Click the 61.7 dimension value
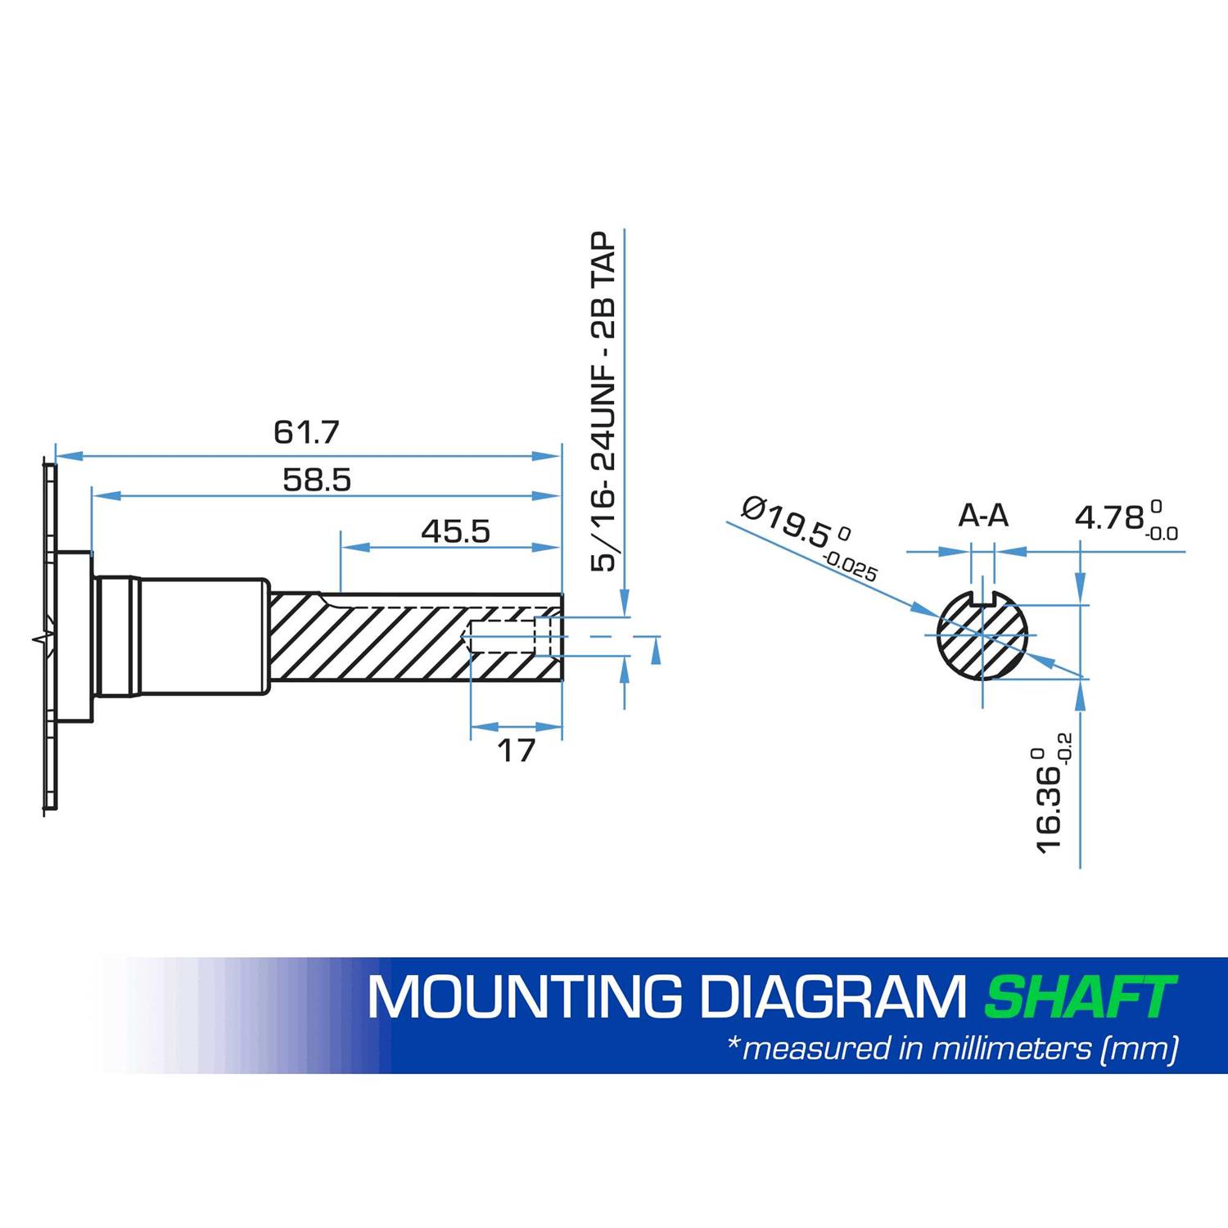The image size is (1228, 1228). [305, 432]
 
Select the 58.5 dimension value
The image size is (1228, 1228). [317, 480]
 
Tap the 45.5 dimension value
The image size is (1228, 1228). [455, 532]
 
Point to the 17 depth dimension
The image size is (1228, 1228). [516, 750]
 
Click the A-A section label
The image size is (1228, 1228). [983, 516]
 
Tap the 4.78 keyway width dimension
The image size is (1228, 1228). [1126, 518]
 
